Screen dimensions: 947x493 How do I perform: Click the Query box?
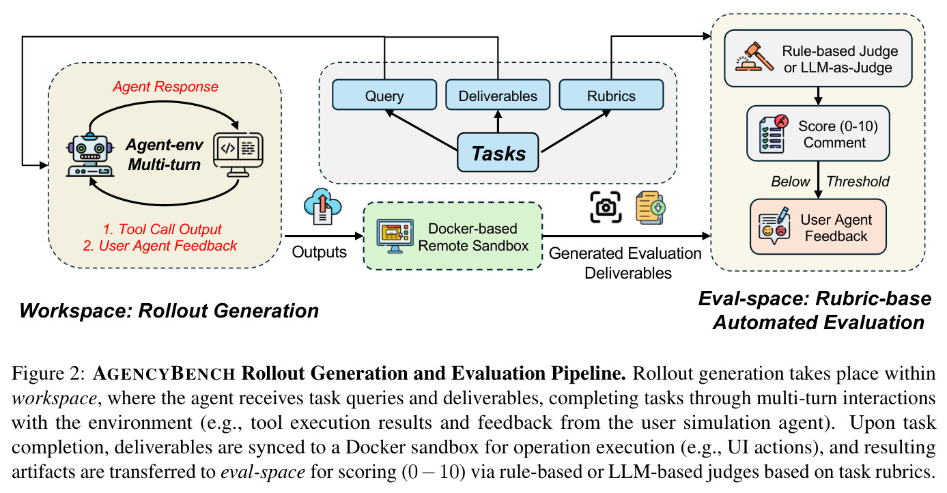click(384, 95)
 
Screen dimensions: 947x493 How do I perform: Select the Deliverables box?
click(498, 95)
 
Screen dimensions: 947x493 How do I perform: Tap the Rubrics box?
click(611, 95)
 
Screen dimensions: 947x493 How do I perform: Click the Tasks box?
click(498, 152)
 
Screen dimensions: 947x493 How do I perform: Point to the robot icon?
click(90, 155)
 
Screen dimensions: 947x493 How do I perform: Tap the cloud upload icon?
click(322, 207)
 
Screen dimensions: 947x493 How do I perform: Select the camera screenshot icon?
click(606, 207)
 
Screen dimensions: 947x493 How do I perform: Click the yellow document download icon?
click(651, 207)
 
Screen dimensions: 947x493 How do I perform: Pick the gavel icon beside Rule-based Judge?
click(754, 57)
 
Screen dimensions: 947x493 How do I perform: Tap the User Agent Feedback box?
click(818, 227)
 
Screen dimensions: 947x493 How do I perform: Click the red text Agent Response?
click(165, 87)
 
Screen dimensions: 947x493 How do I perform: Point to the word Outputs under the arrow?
click(319, 252)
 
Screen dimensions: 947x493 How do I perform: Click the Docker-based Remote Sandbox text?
click(473, 237)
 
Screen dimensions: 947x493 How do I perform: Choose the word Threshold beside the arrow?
click(858, 182)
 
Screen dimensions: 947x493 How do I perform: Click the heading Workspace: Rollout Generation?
click(169, 311)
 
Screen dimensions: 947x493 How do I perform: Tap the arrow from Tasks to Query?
click(421, 130)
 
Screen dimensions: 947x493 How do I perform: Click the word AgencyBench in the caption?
click(164, 374)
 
